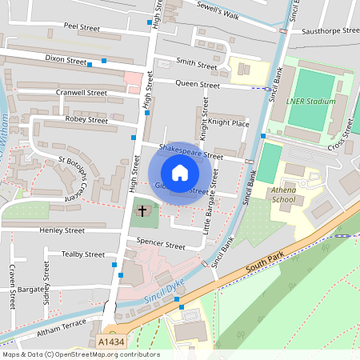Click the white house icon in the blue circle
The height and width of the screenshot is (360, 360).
click(180, 172)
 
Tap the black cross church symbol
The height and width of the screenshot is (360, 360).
click(143, 211)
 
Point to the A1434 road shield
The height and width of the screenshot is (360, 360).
click(112, 342)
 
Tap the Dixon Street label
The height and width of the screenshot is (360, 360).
click(66, 59)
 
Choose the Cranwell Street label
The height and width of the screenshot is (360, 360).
click(81, 92)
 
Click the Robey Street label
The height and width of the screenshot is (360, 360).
click(86, 120)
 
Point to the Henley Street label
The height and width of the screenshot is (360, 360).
click(62, 230)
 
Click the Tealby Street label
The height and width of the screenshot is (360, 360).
click(83, 254)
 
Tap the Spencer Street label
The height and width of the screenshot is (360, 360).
click(161, 241)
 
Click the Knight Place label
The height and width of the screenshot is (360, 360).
click(230, 123)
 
